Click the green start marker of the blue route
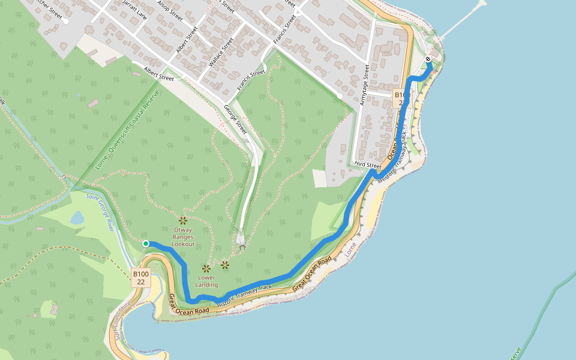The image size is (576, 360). (x=146, y=243)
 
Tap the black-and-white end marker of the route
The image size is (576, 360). (x=427, y=59)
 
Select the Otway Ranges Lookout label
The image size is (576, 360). (x=183, y=237)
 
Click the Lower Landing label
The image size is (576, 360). (x=206, y=281)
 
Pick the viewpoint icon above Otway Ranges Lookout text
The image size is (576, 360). (x=183, y=220)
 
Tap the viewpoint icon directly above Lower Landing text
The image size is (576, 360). (x=206, y=268)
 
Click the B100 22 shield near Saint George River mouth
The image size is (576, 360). (x=140, y=278)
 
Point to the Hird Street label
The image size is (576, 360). (x=368, y=165)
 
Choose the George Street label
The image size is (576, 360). (x=235, y=119)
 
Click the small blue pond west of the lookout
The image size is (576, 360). (x=77, y=217)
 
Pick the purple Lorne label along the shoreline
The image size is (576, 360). (x=352, y=249)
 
